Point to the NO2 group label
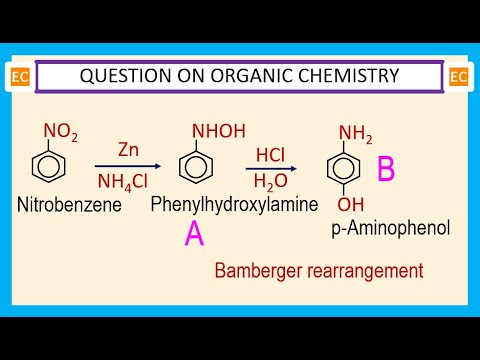click(57, 131)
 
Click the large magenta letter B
click(385, 170)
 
